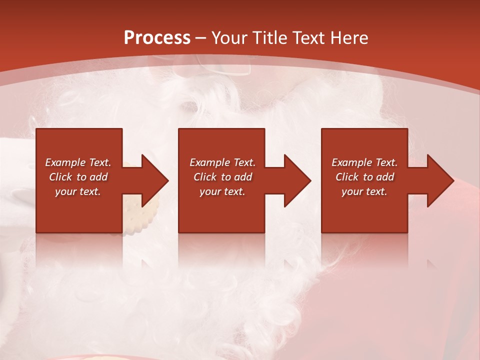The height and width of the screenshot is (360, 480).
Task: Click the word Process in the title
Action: point(157,38)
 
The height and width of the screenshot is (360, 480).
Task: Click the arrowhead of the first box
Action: point(155,180)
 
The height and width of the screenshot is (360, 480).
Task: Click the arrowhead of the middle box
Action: point(297,180)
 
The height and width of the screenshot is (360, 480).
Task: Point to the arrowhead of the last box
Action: point(440,180)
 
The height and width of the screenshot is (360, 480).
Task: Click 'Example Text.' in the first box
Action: point(78,162)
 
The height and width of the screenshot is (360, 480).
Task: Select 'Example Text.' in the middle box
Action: point(222,162)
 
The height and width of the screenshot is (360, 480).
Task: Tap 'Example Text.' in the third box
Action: point(364,162)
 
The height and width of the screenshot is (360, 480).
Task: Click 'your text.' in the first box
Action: point(78,191)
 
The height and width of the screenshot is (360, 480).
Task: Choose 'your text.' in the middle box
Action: point(222,191)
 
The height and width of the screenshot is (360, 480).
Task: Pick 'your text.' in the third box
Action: point(364,191)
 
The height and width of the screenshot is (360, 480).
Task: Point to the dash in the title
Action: point(201,38)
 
